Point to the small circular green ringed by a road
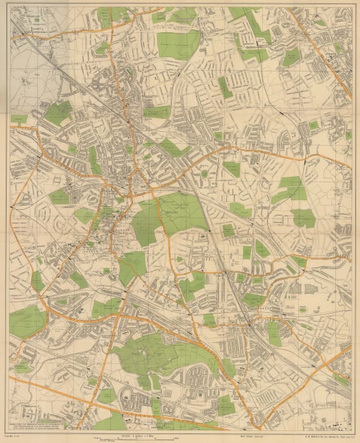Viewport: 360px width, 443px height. [x=205, y=174]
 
